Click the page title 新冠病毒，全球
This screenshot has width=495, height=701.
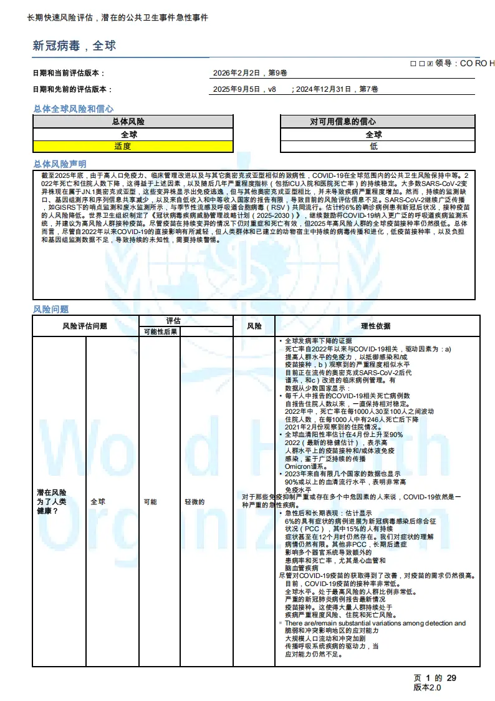tap(74, 46)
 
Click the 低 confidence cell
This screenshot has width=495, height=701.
tap(373, 146)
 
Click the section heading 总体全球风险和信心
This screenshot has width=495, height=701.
tap(73, 109)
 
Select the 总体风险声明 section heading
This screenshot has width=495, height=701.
tap(60, 164)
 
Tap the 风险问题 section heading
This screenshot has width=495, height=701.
tap(50, 309)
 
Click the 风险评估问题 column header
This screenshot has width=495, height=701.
tap(85, 326)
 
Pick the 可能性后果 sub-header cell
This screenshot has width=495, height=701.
tap(160, 331)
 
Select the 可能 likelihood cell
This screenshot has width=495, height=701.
tap(133, 501)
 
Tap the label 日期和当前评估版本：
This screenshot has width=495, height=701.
tap(69, 73)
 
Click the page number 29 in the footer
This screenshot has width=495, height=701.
tap(451, 678)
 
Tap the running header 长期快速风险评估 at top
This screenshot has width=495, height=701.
tap(62, 17)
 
